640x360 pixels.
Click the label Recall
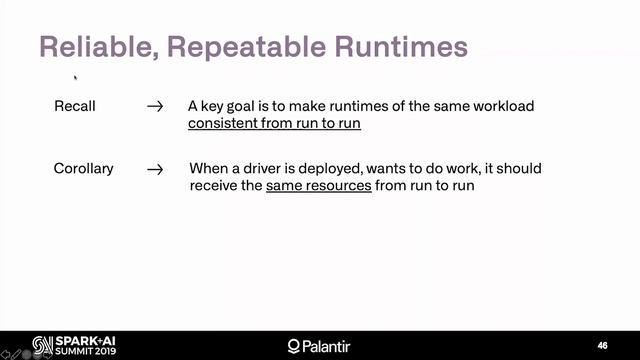tap(75, 106)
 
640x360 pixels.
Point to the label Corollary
tap(83, 169)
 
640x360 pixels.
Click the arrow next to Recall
tap(154, 106)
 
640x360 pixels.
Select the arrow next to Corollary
tap(154, 169)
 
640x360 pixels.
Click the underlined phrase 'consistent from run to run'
tap(274, 124)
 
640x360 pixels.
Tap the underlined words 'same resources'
tap(318, 186)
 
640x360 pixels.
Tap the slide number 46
tap(602, 345)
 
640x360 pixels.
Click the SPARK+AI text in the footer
tap(75, 339)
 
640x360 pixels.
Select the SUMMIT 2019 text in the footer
tap(75, 352)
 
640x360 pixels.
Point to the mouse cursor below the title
tap(76, 75)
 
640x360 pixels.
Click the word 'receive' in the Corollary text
tap(211, 186)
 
